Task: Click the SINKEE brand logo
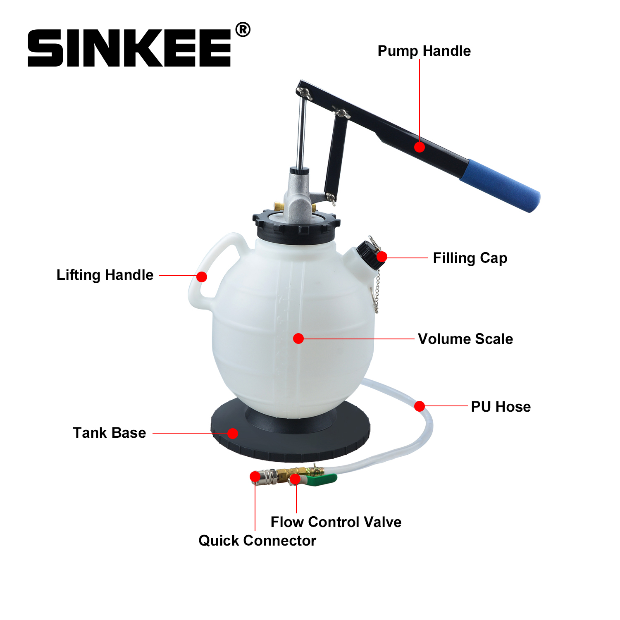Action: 129,48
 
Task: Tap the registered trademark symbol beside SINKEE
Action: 243,30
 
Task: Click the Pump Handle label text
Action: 424,51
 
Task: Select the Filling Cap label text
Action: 470,258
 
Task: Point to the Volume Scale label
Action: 465,339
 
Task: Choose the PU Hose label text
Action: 501,407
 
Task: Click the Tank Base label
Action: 110,433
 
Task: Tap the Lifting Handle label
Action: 105,275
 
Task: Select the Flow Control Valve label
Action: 336,522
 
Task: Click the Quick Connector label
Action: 257,541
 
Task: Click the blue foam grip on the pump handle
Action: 500,185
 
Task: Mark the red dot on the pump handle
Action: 420,147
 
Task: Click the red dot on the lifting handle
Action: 202,277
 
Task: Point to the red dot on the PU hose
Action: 420,406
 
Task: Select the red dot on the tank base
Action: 233,433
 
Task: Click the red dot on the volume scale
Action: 298,339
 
